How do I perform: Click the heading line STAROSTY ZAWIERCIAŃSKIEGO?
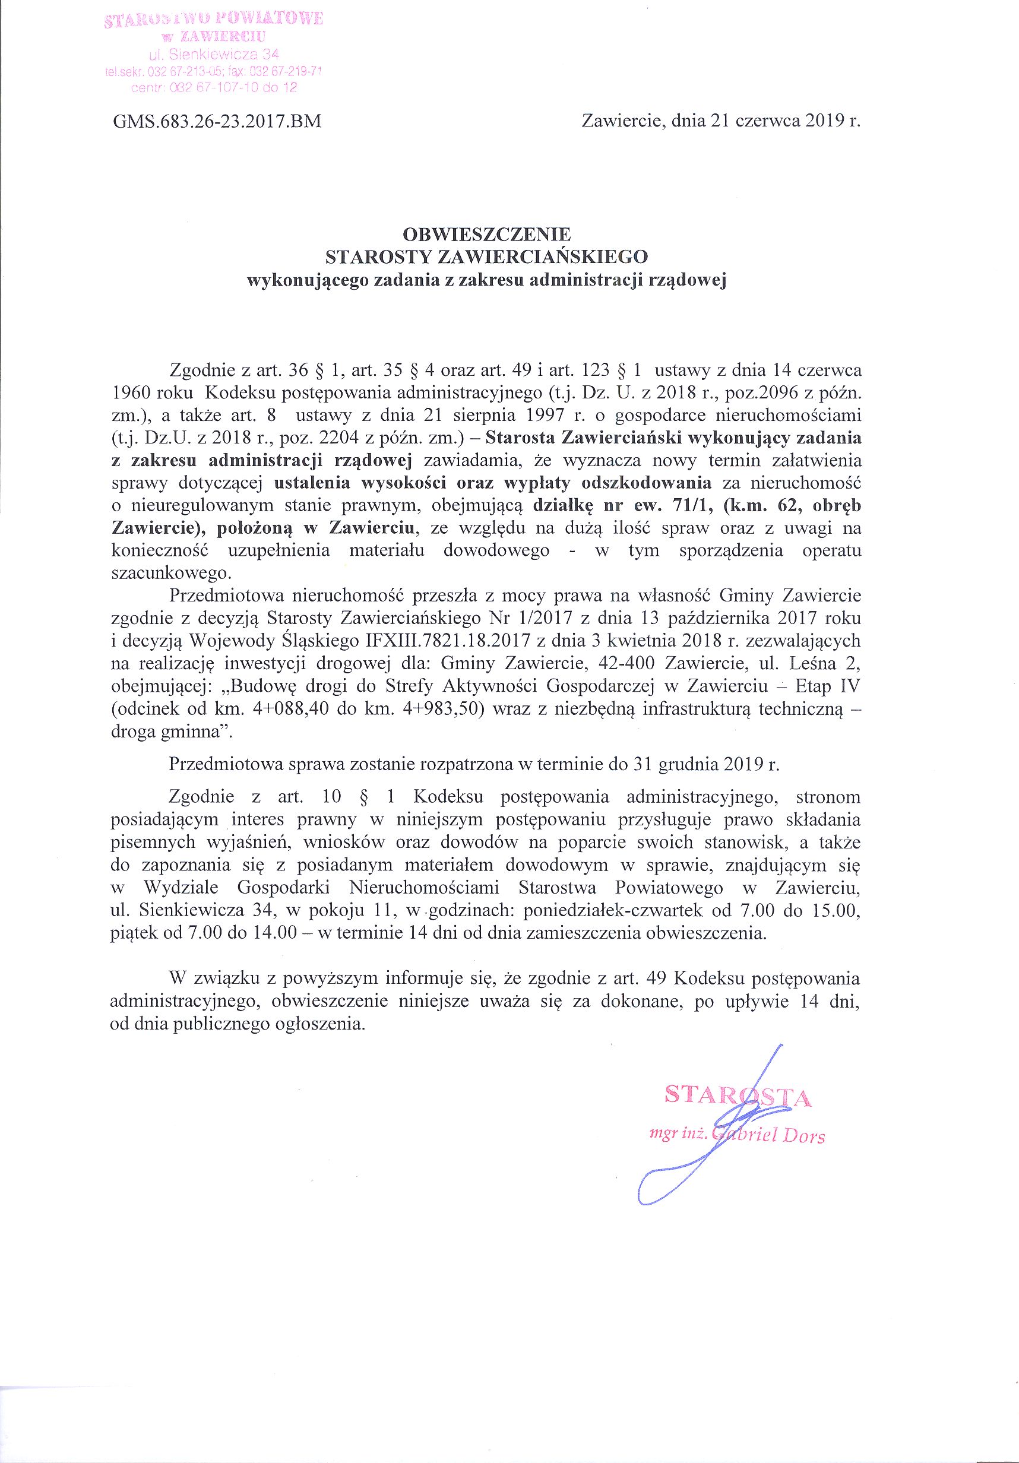487,256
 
